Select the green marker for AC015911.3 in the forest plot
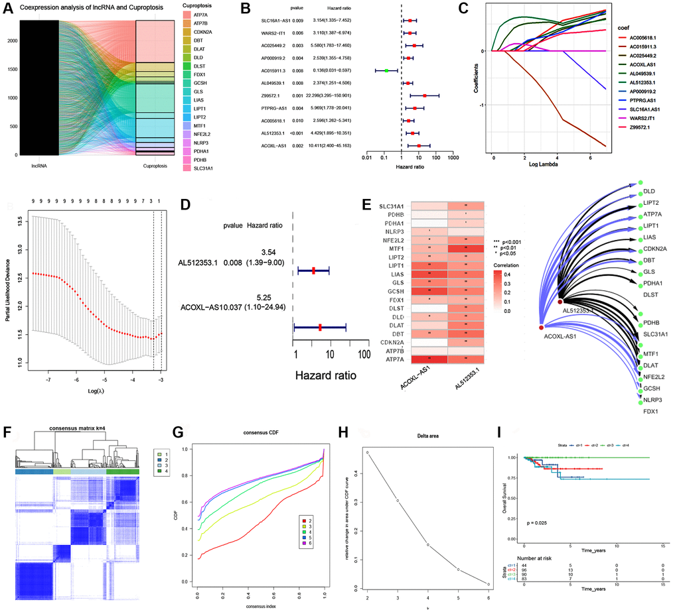[386, 70]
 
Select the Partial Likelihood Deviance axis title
[7, 285]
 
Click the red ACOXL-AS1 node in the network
[542, 328]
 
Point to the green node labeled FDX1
[652, 412]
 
